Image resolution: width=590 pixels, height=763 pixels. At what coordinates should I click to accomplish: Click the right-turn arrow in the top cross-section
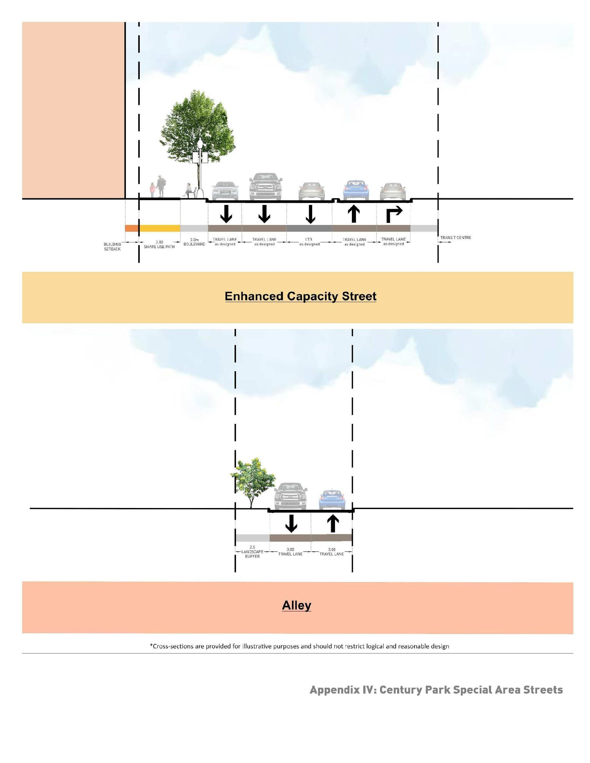click(394, 214)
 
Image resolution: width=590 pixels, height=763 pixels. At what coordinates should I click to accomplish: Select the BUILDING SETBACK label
click(112, 247)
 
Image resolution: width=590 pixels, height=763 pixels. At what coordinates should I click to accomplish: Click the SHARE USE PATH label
click(159, 247)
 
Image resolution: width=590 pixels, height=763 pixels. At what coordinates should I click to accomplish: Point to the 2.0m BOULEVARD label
click(194, 242)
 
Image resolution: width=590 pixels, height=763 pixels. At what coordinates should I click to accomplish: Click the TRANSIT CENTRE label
click(456, 238)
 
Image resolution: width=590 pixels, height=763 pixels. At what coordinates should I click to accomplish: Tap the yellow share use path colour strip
click(160, 228)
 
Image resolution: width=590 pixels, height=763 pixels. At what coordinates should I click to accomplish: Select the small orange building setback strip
click(132, 228)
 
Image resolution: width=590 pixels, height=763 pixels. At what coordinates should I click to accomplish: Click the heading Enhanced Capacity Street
click(300, 296)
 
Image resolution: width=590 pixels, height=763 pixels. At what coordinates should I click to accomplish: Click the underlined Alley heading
click(296, 605)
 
